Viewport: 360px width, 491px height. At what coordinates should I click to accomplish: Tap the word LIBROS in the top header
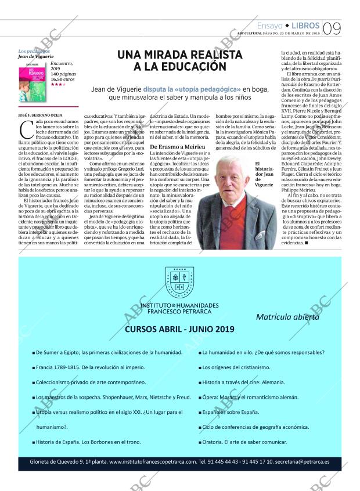(304, 26)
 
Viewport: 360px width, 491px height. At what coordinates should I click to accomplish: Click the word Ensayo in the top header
(269, 26)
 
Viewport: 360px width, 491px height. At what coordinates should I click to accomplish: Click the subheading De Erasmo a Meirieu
(174, 147)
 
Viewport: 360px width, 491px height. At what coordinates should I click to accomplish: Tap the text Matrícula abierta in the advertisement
(287, 317)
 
